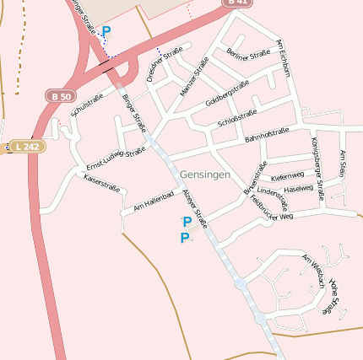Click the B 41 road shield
coord(240,3)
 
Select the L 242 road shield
coord(26,147)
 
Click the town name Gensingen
coord(204,173)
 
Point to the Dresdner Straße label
coord(164,64)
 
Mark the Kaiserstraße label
coord(101,183)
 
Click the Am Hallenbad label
coord(154,201)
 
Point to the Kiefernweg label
coord(287,177)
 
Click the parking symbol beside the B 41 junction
coord(106,32)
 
